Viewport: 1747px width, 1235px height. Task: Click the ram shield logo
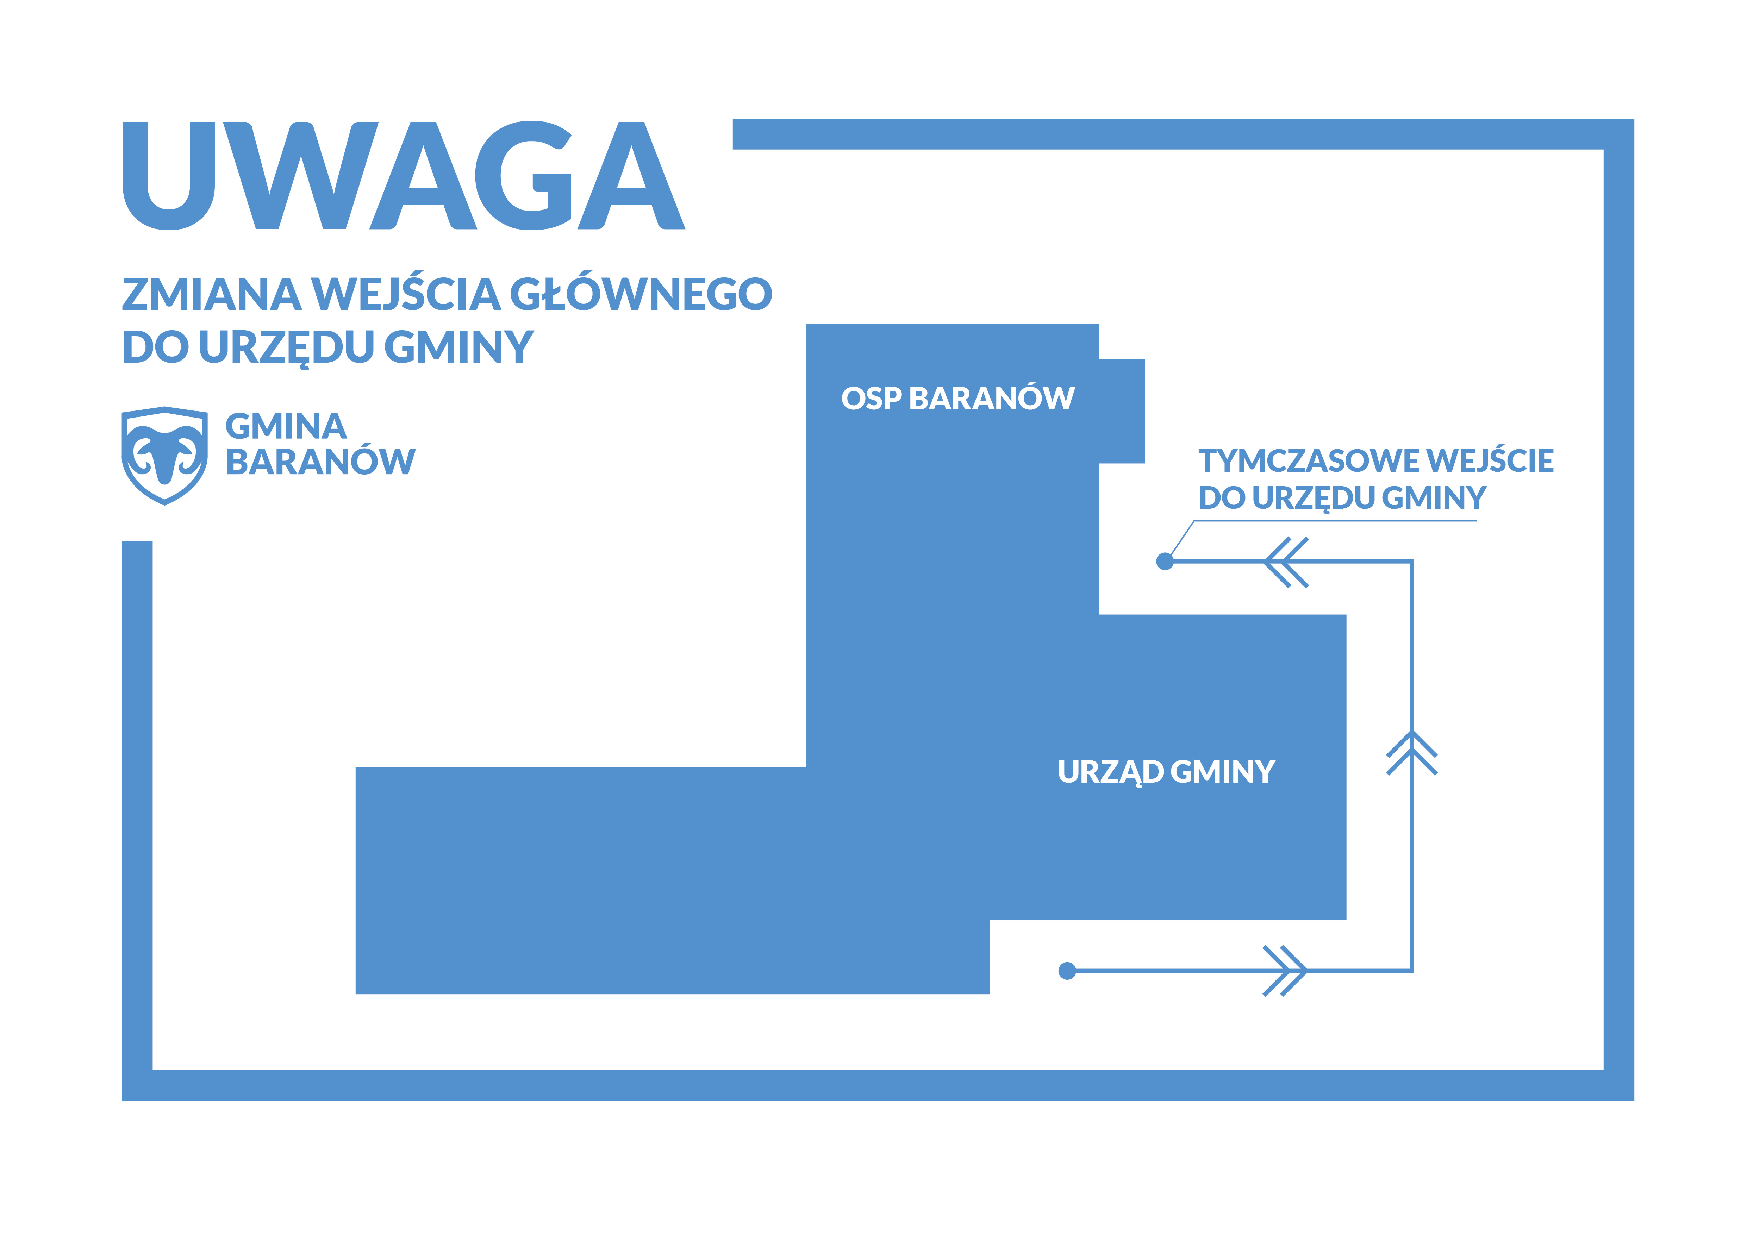[x=164, y=456]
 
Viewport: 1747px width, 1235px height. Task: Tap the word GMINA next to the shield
[x=286, y=427]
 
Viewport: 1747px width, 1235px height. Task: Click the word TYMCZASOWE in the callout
[x=1309, y=461]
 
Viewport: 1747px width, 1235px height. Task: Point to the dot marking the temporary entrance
[x=1164, y=561]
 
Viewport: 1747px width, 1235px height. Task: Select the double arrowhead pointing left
[x=1286, y=562]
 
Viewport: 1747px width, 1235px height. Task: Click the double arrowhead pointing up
[x=1411, y=753]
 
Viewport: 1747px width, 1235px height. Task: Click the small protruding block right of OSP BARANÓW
[x=1122, y=410]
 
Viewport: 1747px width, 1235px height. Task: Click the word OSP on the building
[x=871, y=398]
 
